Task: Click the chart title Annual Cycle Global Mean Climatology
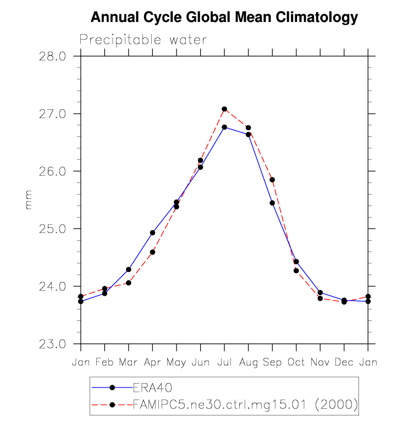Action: coord(224,18)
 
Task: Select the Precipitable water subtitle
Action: coord(143,40)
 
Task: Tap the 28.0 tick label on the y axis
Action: coord(53,56)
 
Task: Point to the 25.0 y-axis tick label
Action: coord(53,229)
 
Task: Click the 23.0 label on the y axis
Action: coord(53,344)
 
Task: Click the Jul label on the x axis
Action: coord(224,362)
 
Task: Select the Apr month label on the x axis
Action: coord(152,362)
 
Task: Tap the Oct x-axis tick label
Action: coord(296,362)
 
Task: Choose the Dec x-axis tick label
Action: coord(344,362)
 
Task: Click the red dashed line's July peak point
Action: coord(224,109)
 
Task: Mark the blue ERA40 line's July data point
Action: coord(224,127)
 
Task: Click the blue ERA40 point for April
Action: coord(152,232)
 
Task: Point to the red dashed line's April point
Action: coord(152,252)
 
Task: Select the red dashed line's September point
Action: coord(272,180)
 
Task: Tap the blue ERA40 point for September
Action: coord(272,203)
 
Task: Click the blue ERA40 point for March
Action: coord(129,269)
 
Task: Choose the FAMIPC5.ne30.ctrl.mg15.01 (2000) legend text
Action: coord(245,405)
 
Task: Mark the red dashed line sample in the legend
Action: coord(112,405)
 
